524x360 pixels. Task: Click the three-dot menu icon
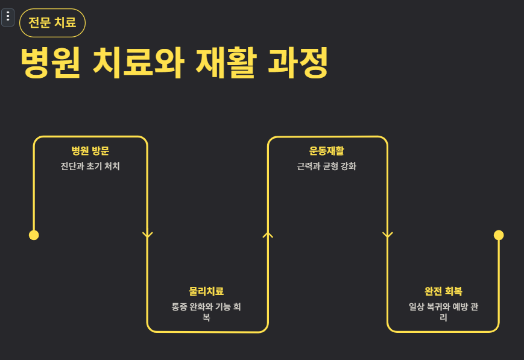8,17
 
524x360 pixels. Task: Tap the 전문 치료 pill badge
52,24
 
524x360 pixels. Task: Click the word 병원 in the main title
50,62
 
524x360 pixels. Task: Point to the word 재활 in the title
223,62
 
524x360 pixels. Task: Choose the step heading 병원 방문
90,151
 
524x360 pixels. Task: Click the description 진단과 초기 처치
90,166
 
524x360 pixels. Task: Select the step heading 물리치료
206,291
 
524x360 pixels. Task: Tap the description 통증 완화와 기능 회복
206,312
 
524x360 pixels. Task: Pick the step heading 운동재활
327,151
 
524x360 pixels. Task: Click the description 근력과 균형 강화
327,166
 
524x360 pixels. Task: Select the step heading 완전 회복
443,291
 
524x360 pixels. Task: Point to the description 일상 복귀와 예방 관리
443,312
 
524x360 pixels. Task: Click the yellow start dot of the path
34,235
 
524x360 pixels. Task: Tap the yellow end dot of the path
499,235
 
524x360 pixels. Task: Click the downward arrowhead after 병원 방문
148,235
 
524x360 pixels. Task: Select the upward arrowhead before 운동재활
268,235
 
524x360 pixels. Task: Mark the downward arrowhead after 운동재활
388,235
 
